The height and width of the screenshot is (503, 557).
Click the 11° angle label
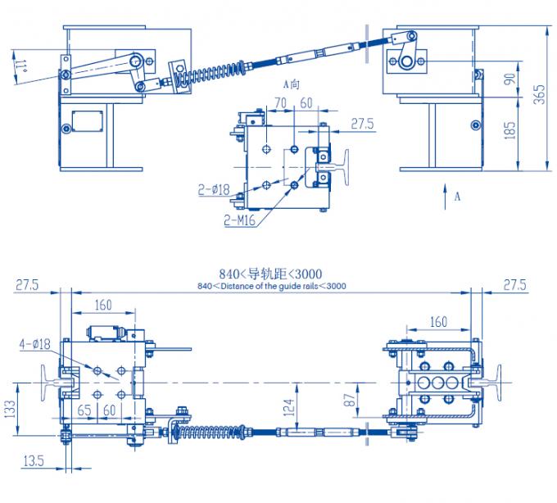point(19,65)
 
